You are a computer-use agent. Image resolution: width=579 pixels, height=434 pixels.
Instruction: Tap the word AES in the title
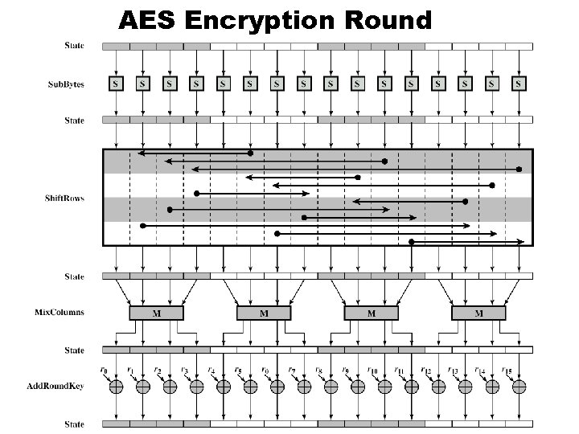tap(148, 18)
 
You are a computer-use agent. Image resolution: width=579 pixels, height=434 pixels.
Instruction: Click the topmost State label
tap(75, 46)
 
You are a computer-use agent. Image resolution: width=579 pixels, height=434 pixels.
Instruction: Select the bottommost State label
tap(75, 424)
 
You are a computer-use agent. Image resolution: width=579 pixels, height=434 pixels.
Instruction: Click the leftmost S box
tap(116, 83)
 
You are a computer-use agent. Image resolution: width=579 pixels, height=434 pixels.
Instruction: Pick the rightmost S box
tap(519, 83)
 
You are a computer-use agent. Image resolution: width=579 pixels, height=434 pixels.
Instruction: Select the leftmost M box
tap(156, 313)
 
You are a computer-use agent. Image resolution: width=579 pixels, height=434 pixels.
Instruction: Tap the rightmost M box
tap(478, 313)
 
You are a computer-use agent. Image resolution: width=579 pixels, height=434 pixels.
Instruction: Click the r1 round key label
tap(130, 370)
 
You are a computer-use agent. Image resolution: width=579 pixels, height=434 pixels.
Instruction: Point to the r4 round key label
tap(211, 370)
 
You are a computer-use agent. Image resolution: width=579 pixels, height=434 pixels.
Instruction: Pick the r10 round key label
tap(372, 370)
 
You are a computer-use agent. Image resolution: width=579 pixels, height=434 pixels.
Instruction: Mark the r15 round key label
tap(506, 370)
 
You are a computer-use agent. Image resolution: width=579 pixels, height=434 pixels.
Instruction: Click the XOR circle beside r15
tap(519, 387)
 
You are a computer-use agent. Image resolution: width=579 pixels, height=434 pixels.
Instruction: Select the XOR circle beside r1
tap(143, 387)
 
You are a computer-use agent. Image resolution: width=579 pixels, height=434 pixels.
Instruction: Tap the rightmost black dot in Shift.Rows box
tap(519, 169)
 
